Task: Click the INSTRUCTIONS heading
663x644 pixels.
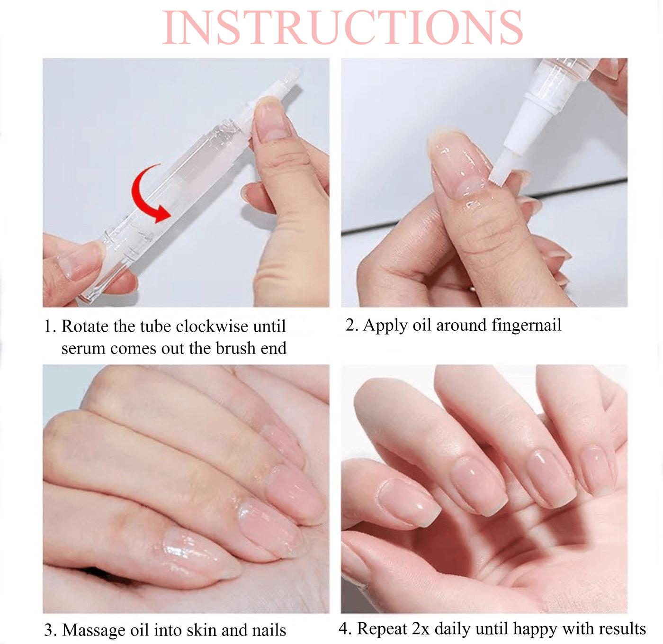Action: coord(342,27)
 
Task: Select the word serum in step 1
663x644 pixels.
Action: coord(83,348)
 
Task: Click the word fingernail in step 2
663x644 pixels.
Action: coord(526,325)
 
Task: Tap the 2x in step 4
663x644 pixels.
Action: coord(421,628)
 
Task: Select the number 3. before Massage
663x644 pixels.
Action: coord(50,630)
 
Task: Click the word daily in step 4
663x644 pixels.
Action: coord(453,628)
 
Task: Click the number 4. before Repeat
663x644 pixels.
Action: coord(345,628)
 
